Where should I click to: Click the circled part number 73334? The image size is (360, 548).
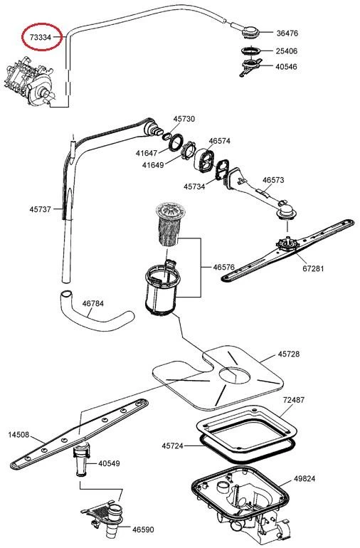[41, 37]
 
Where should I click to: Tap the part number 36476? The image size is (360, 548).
[287, 33]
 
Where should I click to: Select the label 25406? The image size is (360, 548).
[287, 51]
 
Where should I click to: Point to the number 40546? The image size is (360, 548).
[286, 66]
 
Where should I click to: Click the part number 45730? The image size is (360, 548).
[184, 119]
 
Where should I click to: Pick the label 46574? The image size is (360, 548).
[220, 141]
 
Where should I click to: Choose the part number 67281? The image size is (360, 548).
[313, 268]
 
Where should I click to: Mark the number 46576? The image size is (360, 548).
[223, 267]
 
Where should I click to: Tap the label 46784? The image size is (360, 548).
[93, 303]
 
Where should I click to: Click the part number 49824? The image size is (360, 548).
[304, 478]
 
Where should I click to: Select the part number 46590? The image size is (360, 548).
[143, 529]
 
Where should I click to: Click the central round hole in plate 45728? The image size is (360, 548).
[235, 376]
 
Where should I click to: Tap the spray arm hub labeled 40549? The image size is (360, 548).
[81, 459]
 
